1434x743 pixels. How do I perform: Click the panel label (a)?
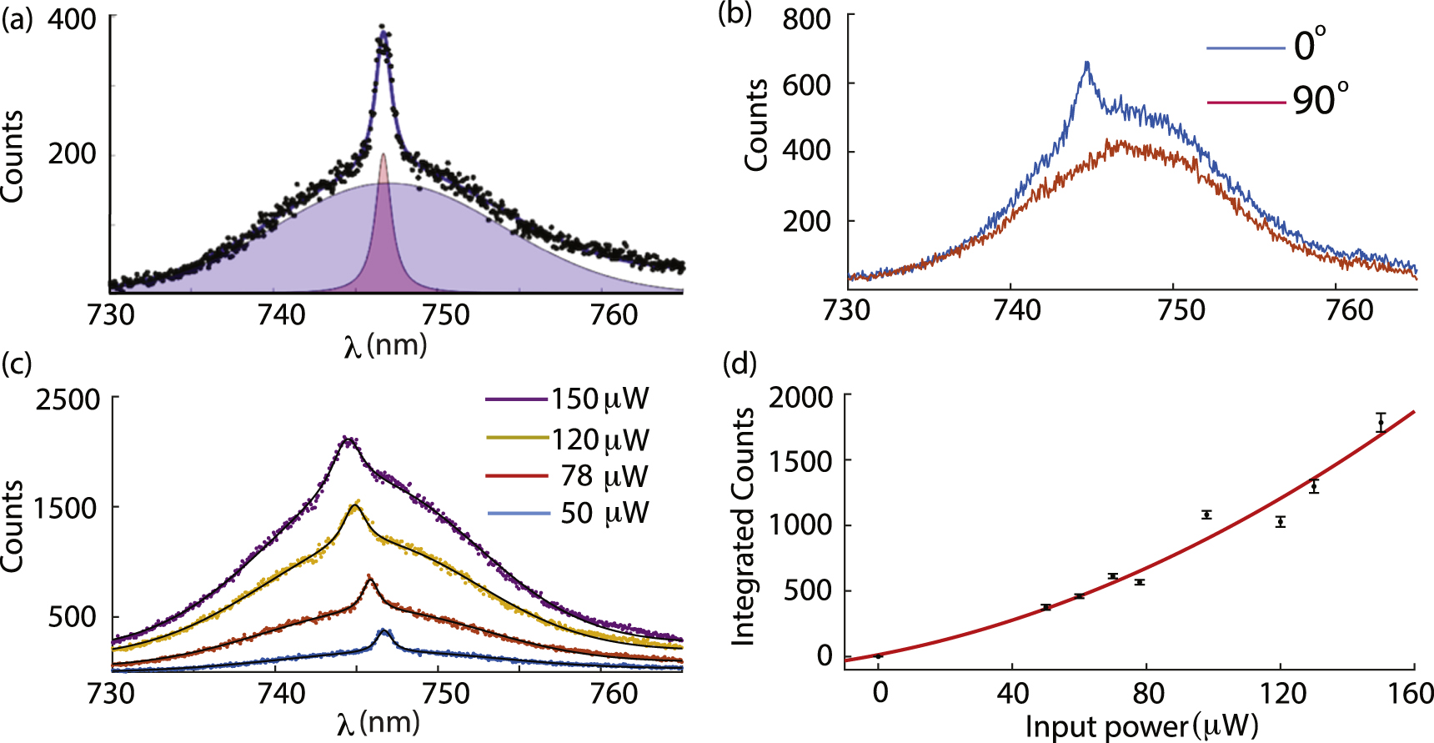[x=17, y=18]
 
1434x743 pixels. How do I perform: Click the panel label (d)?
[x=739, y=364]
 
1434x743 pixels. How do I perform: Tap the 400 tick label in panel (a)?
[x=72, y=18]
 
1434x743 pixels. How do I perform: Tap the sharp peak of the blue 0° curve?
[x=1087, y=63]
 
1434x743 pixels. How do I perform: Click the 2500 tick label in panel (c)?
[x=67, y=399]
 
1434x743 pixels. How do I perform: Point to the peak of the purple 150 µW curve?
[x=348, y=439]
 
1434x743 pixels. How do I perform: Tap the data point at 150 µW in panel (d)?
[x=1381, y=423]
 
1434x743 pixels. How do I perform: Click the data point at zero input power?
[x=879, y=656]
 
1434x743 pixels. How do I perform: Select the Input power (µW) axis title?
[x=1141, y=726]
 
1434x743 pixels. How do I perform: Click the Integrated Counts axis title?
[x=742, y=526]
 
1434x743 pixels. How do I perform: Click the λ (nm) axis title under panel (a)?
[x=385, y=345]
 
